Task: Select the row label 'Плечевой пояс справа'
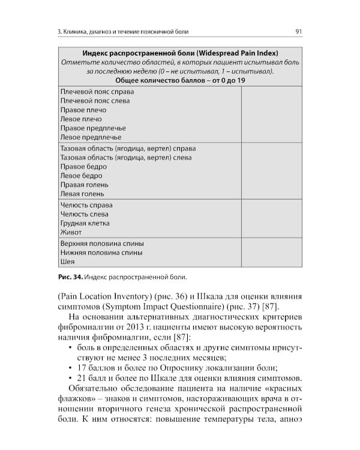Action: coord(97,92)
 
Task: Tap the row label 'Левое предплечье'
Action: coord(91,137)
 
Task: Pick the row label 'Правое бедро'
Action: coord(83,166)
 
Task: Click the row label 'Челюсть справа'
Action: coord(86,205)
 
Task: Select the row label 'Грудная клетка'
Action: coord(84,223)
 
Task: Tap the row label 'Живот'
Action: coord(71,232)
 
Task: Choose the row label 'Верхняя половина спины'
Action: coord(102,244)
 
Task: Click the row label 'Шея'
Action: coord(67,262)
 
